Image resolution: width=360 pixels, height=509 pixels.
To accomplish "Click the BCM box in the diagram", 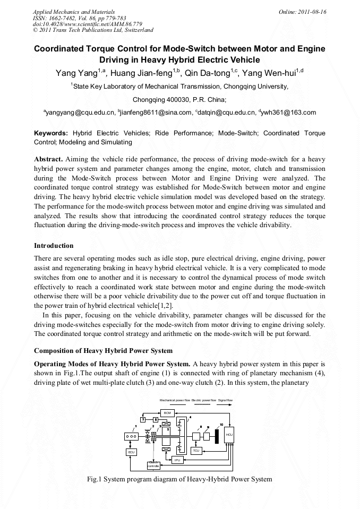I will (x=167, y=412).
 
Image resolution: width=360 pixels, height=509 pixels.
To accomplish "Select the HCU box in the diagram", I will (x=229, y=434).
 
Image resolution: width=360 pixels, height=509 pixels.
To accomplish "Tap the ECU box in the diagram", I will (x=131, y=452).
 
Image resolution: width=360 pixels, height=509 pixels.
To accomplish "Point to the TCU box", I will (x=196, y=451).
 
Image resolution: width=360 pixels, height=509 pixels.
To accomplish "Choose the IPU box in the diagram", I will (x=178, y=460).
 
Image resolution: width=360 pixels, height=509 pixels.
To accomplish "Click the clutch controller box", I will (x=153, y=465).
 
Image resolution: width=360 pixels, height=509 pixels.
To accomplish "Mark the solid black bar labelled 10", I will (x=216, y=436).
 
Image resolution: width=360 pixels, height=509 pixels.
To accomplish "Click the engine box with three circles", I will (x=131, y=436).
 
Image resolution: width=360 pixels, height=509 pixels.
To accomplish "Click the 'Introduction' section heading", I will (x=54, y=246).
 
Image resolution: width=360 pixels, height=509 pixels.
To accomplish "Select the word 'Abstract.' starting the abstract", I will (x=48, y=159).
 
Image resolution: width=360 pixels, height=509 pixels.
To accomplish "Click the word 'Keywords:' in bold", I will (x=51, y=133).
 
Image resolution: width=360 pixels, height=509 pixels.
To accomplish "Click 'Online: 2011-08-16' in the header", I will (x=306, y=11).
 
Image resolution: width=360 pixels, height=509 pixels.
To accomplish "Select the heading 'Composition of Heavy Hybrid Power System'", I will (x=103, y=351).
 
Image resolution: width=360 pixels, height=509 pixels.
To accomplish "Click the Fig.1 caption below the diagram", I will (x=179, y=479).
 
